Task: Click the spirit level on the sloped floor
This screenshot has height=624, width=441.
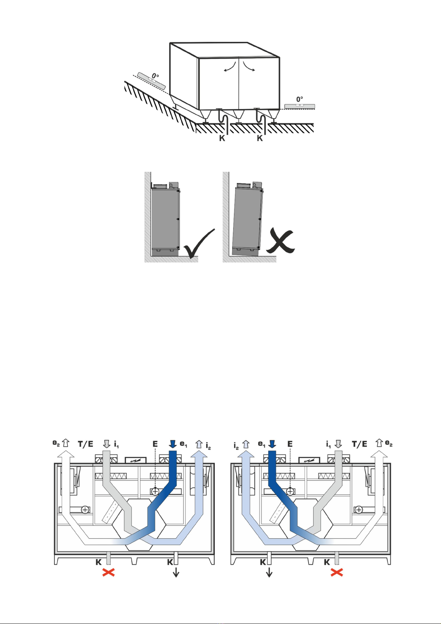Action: coord(152,80)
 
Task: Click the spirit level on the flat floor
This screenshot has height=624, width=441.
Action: coord(300,106)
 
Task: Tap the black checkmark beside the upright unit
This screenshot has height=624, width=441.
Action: coord(200,243)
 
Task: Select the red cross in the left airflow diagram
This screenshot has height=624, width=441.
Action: coord(108,573)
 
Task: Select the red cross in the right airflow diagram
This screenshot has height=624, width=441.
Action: coord(337,573)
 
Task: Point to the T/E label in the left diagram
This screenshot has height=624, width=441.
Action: coord(85,444)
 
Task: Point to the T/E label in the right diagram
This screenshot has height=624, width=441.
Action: coord(360,444)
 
